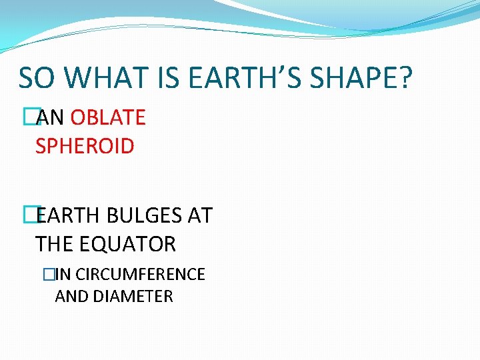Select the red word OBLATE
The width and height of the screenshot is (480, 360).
click(108, 118)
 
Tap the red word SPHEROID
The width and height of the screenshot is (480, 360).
click(85, 146)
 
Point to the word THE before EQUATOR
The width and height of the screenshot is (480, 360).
click(55, 244)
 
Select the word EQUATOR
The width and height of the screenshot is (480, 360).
click(128, 244)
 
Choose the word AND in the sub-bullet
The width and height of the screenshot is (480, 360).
click(72, 296)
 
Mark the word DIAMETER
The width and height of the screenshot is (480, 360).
click(133, 296)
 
